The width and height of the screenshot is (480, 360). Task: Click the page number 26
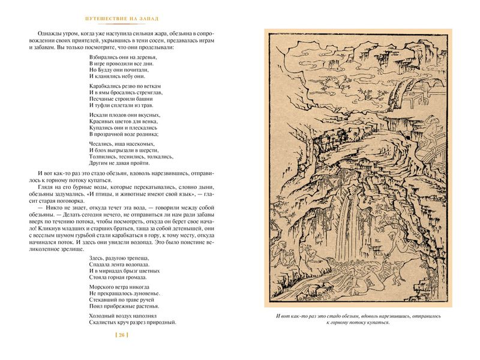click(x=122, y=335)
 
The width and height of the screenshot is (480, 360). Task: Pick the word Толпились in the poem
click(x=103, y=157)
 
